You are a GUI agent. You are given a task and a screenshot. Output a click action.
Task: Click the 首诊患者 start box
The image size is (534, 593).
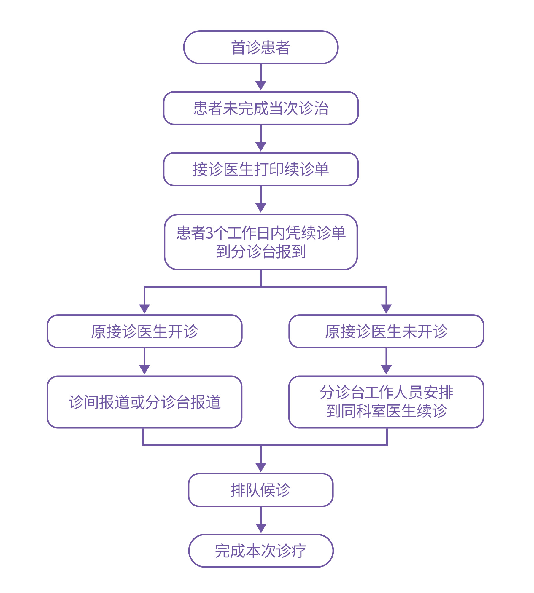coord(260,47)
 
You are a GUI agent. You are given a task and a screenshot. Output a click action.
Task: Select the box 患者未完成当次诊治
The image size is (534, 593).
coord(260,108)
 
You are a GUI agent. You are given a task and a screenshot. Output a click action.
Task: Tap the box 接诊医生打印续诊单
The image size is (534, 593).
coord(260,169)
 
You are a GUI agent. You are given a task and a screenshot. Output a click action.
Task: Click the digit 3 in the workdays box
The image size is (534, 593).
coord(209,233)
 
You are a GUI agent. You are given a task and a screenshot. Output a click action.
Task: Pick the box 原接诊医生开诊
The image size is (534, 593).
coord(144,331)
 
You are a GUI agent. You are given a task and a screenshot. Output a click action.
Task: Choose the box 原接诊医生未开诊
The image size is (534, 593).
coord(386,331)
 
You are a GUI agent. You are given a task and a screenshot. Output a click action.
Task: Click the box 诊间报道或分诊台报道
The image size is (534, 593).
coord(144,402)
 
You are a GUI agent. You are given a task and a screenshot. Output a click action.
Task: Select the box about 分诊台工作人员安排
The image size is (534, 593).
coord(386,402)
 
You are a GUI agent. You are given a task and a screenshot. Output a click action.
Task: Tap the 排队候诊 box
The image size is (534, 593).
coord(260,490)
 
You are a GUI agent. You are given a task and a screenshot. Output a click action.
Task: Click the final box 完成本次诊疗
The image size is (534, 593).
coord(260,551)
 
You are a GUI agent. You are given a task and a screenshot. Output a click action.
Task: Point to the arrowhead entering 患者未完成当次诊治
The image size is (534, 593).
coord(261,86)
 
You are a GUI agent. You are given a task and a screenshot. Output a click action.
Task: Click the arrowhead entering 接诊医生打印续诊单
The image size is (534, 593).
coord(261,146)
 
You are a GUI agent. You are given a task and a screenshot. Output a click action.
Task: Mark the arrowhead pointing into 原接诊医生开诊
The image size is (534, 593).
coord(144,309)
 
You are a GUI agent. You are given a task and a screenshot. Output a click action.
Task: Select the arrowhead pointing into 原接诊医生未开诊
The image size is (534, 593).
coord(386,309)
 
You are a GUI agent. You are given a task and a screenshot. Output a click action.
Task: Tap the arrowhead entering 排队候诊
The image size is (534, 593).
coord(261,468)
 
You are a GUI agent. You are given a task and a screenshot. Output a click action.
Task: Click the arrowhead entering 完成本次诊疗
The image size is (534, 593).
coord(261,528)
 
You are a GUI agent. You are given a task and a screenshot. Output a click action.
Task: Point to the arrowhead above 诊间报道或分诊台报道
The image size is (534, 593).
coord(144,369)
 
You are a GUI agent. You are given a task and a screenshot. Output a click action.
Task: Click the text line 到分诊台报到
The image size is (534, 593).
coord(260,252)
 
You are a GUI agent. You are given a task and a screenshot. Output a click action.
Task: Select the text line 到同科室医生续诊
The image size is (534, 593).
coord(386,411)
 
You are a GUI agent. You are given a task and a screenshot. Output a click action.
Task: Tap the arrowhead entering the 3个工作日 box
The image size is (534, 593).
coord(261,208)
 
